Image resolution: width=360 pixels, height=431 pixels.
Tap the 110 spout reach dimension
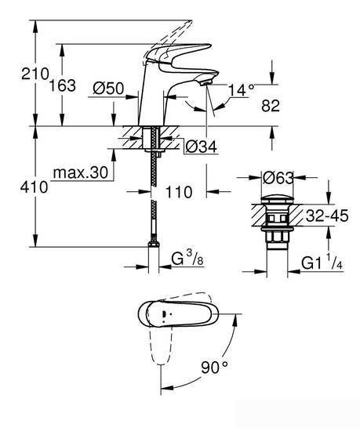click(x=178, y=190)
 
